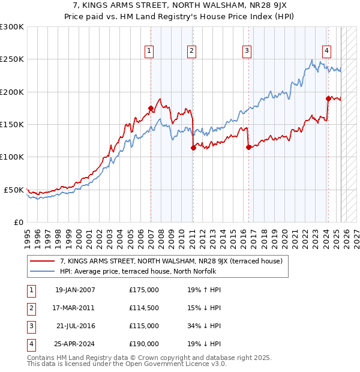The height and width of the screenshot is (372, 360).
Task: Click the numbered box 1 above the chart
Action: click(x=148, y=51)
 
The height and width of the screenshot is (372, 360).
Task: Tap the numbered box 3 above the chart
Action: click(x=247, y=51)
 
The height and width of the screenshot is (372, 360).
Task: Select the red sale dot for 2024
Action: click(x=328, y=98)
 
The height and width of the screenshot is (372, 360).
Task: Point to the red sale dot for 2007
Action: click(x=151, y=108)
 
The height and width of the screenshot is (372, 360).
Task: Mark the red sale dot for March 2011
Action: click(x=193, y=148)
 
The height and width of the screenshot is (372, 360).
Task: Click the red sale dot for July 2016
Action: click(x=248, y=147)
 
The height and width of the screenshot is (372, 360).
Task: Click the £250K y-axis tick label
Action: click(x=12, y=59)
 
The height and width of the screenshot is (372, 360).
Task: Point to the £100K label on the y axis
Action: click(x=12, y=157)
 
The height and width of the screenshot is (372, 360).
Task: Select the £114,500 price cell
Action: click(x=144, y=308)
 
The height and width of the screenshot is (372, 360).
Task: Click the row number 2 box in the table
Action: click(x=30, y=308)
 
